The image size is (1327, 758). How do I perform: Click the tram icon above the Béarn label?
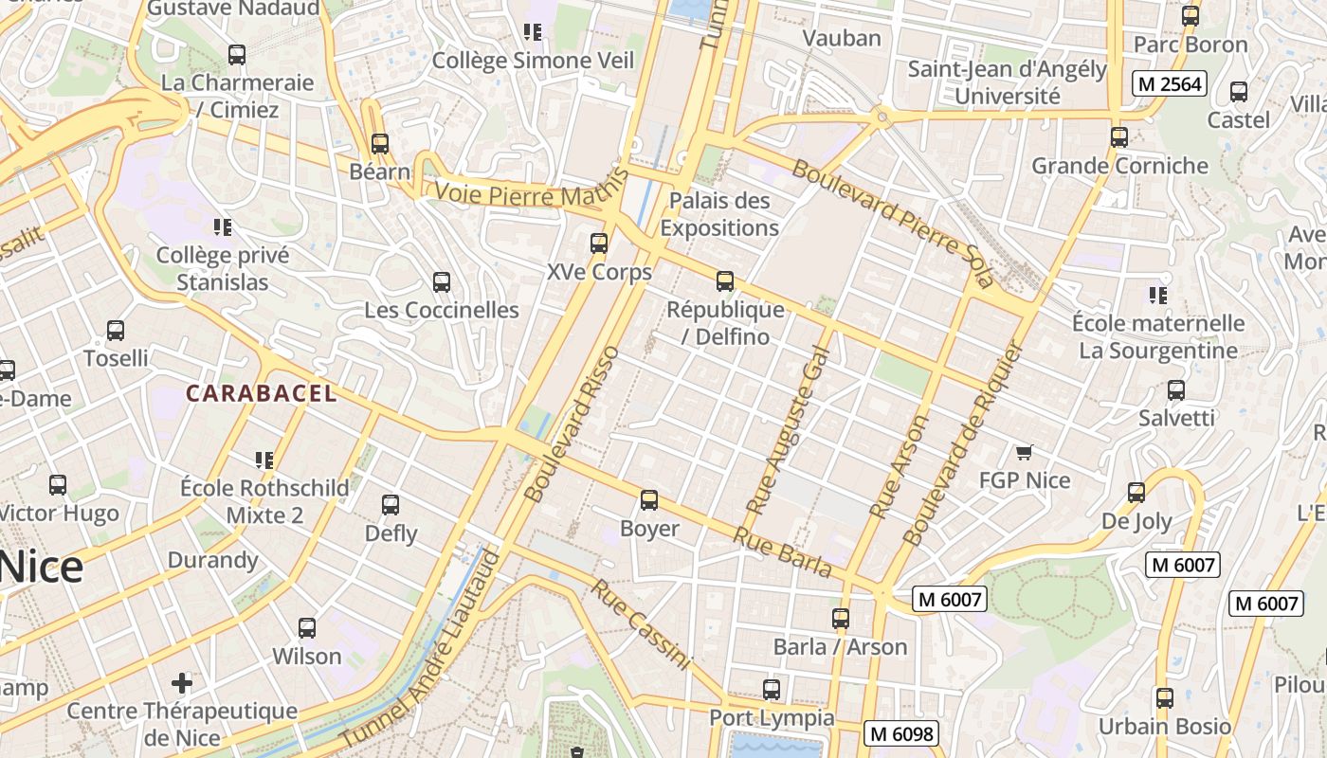click(380, 144)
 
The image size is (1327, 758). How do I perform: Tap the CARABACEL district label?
click(261, 393)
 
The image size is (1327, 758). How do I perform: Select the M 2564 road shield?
click(1170, 83)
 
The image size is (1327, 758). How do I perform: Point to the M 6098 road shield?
click(901, 733)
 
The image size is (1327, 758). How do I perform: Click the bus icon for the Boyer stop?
click(649, 499)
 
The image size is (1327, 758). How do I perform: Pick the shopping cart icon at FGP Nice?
click(1024, 452)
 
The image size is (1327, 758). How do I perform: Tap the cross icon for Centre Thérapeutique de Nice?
click(182, 682)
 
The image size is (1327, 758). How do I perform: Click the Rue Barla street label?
click(783, 552)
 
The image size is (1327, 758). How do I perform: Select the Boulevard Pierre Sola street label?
click(892, 224)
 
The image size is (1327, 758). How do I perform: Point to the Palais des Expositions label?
click(719, 214)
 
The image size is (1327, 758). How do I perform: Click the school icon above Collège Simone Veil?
click(533, 32)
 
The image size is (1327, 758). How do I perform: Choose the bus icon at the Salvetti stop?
click(1176, 389)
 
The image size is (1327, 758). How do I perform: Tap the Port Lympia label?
click(772, 717)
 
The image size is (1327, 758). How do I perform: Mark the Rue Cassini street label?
click(642, 624)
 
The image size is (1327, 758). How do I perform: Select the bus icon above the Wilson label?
click(307, 627)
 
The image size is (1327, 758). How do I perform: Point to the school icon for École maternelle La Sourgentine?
click(1156, 295)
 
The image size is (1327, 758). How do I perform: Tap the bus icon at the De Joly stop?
click(1136, 493)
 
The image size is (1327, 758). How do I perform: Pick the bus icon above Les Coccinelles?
click(442, 281)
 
